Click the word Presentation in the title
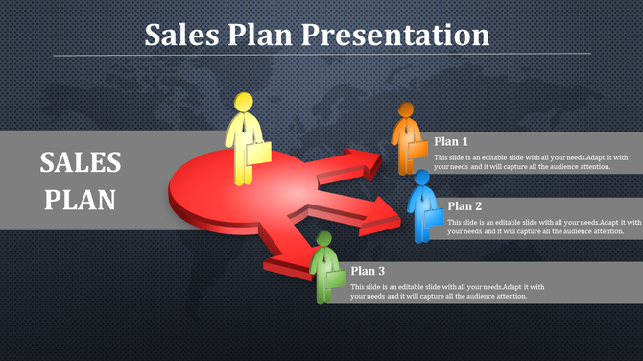(x=395, y=35)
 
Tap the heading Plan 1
(x=451, y=140)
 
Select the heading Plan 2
(x=464, y=205)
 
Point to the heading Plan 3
(x=368, y=271)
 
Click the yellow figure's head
(x=244, y=103)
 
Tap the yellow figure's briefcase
(x=258, y=153)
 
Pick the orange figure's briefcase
(x=417, y=147)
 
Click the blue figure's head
(x=421, y=179)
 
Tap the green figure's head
(x=323, y=240)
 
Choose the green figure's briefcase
(x=336, y=278)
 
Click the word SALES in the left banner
(x=81, y=162)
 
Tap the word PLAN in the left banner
(x=81, y=200)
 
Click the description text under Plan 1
(x=530, y=162)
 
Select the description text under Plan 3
(x=447, y=292)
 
